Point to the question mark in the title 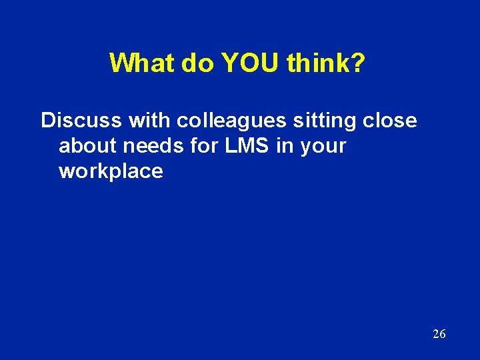(x=359, y=63)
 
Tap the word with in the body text (x=149, y=121)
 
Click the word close (x=391, y=121)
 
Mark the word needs (x=149, y=146)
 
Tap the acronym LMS (x=248, y=146)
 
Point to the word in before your (x=284, y=146)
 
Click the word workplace (x=111, y=171)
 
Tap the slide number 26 (x=439, y=334)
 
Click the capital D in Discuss (x=47, y=121)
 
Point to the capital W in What (x=121, y=63)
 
